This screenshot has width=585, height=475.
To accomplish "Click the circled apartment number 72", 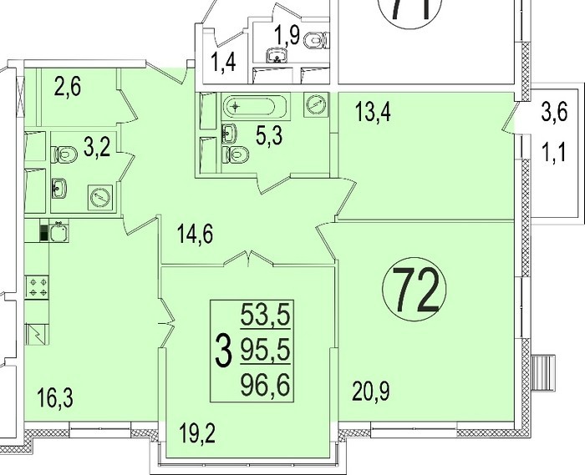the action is [x=415, y=291].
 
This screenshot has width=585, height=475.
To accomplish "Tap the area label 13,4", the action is [x=373, y=112].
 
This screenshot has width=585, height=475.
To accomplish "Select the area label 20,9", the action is [x=371, y=392].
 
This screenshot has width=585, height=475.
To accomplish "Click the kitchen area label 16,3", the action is [x=56, y=397].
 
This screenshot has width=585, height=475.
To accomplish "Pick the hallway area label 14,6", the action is [x=196, y=235].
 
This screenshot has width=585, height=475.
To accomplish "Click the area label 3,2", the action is [x=97, y=148].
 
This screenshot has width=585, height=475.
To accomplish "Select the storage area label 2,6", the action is [x=67, y=88].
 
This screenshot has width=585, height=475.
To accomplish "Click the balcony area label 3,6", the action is [x=554, y=112].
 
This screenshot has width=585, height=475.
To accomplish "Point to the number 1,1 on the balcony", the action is [x=553, y=153].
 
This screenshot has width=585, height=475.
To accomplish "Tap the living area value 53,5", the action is [x=265, y=314].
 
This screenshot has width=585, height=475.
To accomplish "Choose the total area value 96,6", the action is [x=265, y=385].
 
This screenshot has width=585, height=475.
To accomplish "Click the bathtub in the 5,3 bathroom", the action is [x=256, y=108].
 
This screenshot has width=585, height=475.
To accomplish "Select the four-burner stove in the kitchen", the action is [x=37, y=287].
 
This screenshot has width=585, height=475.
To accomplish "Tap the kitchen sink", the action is [x=58, y=232].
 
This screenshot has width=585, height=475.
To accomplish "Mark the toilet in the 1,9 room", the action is [x=316, y=40].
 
